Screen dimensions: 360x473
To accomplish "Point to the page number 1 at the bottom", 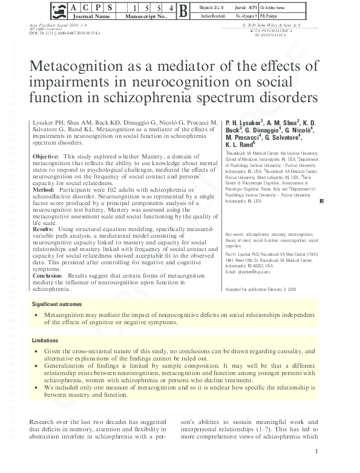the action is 316,452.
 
